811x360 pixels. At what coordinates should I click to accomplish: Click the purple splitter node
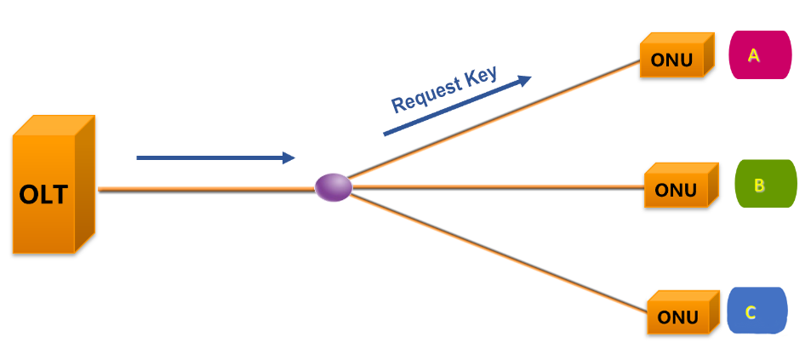pos(334,187)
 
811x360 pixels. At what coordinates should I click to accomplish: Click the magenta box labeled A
pos(760,55)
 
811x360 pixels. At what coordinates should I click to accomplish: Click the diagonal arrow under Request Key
pos(451,108)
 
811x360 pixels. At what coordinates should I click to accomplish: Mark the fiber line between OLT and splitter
pos(204,190)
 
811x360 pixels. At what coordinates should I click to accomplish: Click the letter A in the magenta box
pos(753,55)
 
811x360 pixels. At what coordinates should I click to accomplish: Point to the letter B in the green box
pos(759,185)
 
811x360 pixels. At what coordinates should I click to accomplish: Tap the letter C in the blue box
pos(751,312)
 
